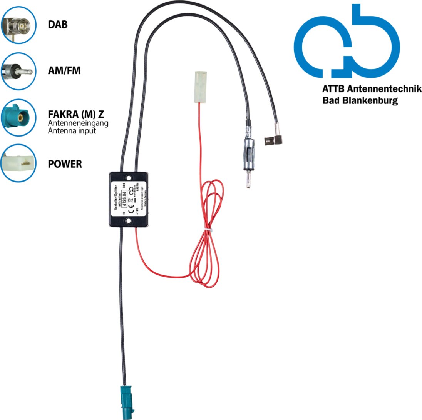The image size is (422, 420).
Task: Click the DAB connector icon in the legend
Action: [x=18, y=25]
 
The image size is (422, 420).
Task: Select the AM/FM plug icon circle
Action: [x=18, y=71]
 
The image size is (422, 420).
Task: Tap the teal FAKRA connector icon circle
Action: [x=18, y=117]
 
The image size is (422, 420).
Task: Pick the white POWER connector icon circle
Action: [x=18, y=163]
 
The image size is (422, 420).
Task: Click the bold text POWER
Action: [x=65, y=164]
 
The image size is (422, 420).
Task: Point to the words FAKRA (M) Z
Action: [x=75, y=115]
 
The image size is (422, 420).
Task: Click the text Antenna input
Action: [x=72, y=131]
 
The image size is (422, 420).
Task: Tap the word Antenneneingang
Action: [x=78, y=123]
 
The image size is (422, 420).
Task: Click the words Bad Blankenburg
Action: [x=360, y=101]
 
